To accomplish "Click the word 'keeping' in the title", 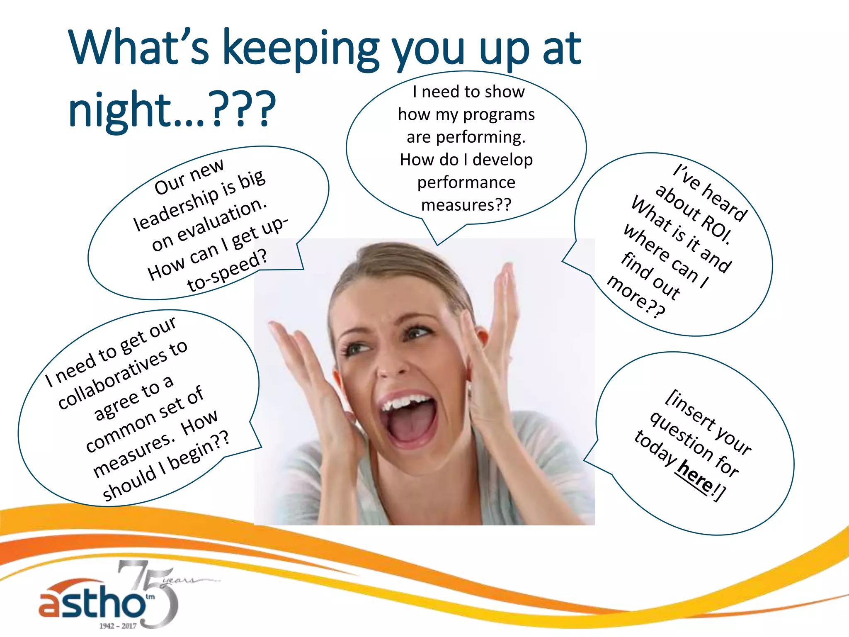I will pyautogui.click(x=301, y=50).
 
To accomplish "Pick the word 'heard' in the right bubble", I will pyautogui.click(x=725, y=203).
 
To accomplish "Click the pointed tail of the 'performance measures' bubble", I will pyautogui.click(x=437, y=243).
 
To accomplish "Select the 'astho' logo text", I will pyautogui.click(x=91, y=603).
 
